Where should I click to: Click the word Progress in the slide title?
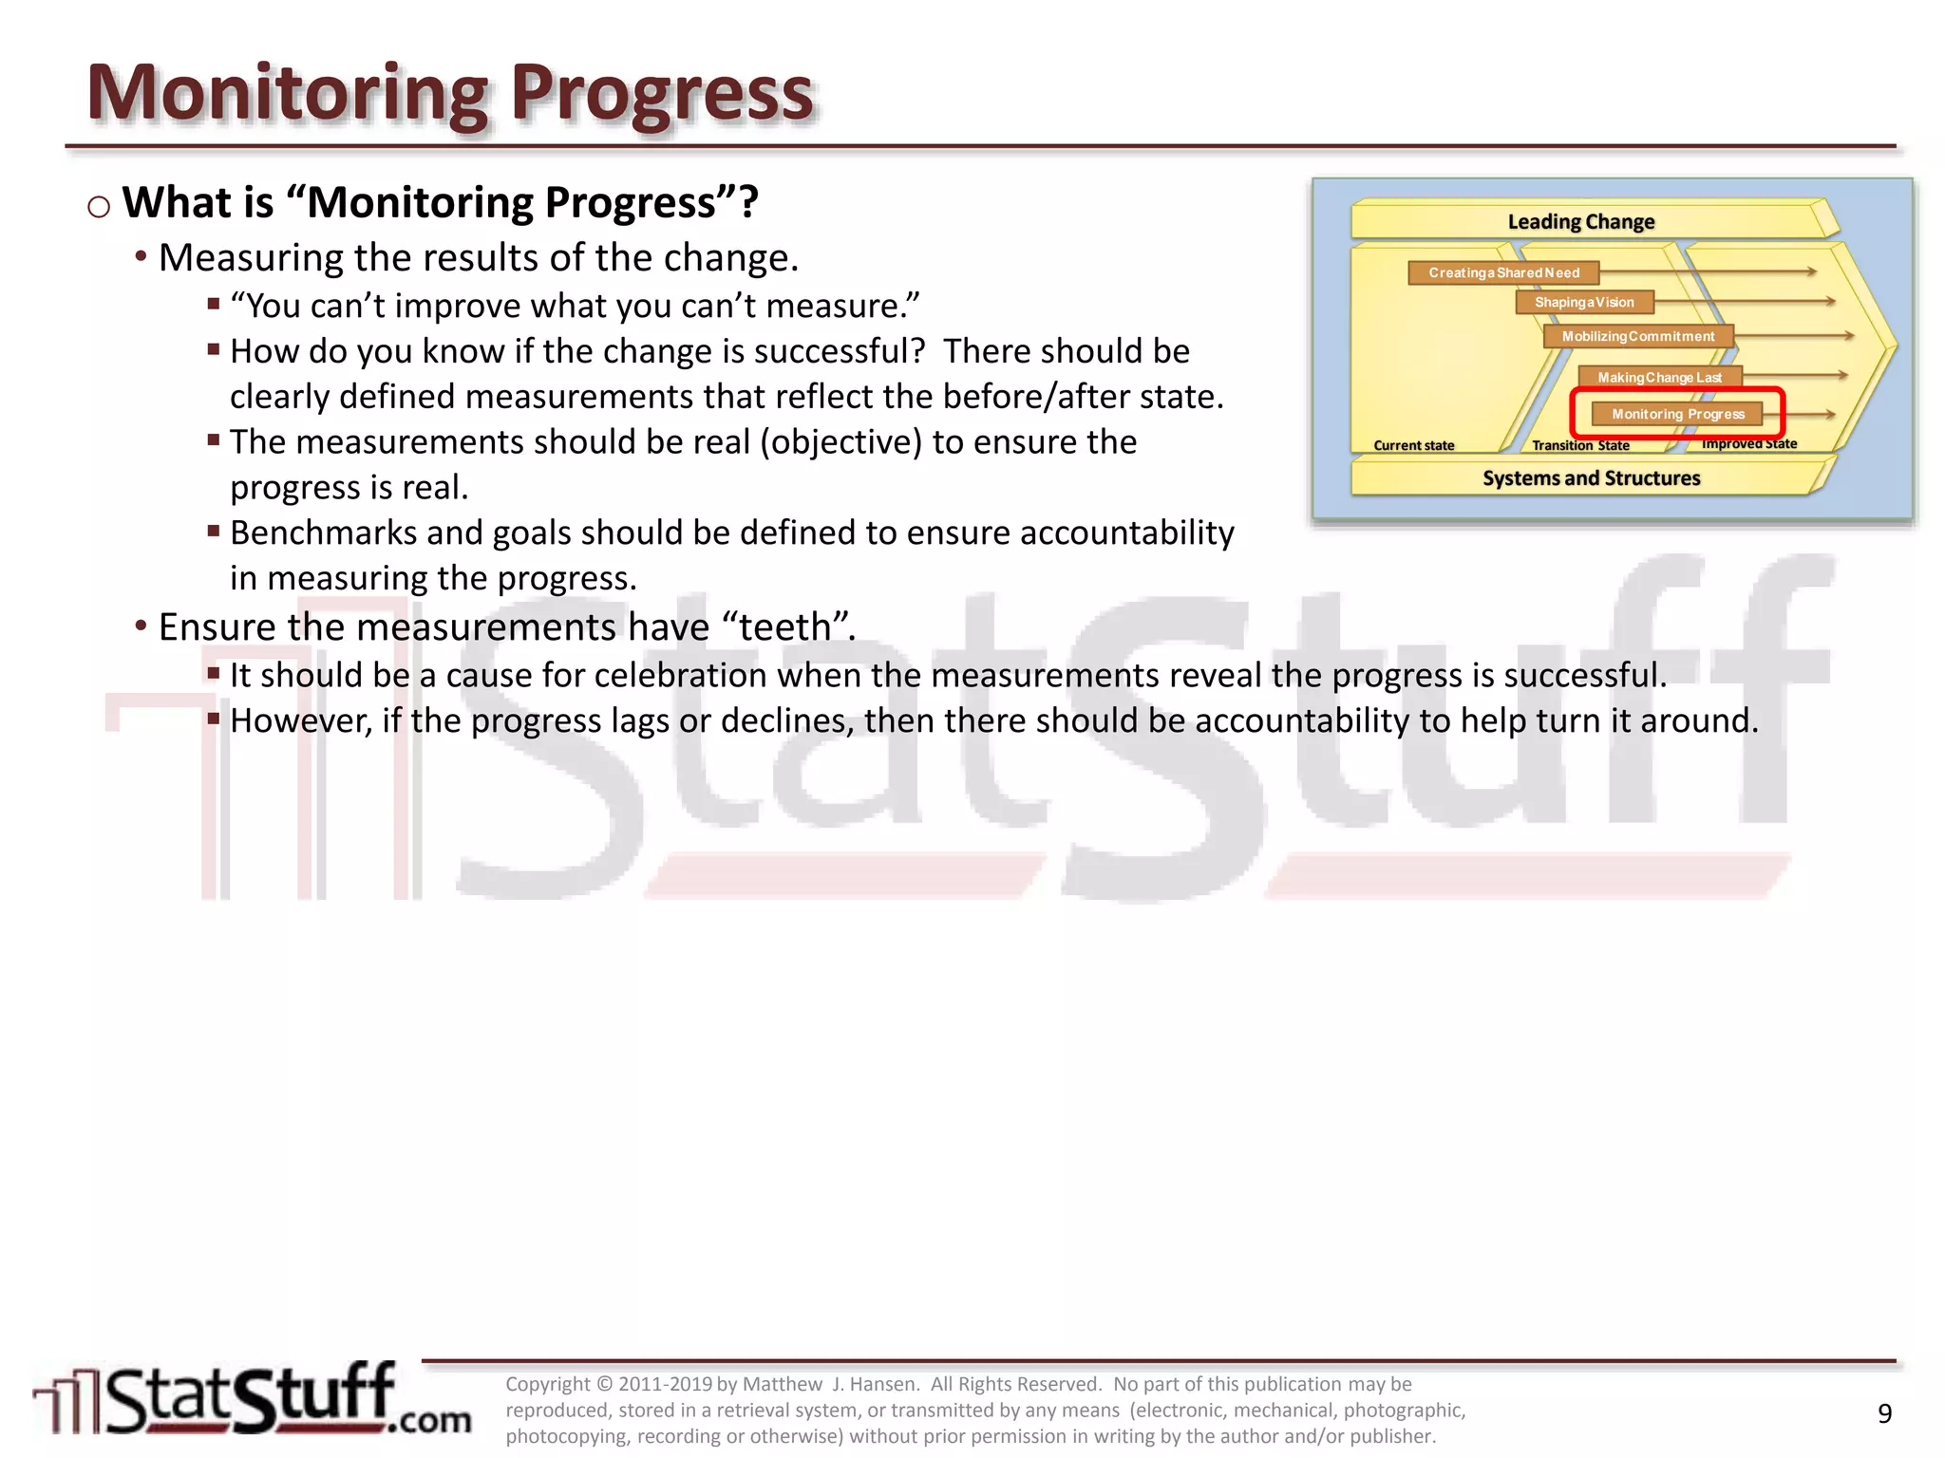click(662, 95)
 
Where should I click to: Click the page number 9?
click(1884, 1413)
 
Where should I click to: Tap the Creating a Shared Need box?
click(1503, 273)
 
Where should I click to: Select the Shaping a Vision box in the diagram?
click(1584, 303)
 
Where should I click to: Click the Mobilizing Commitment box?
click(1638, 337)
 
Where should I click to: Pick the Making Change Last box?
click(1659, 378)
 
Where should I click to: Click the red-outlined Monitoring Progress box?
click(1678, 414)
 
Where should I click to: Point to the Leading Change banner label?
click(1580, 222)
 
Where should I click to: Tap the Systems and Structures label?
click(1591, 478)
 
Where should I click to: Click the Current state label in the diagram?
click(1413, 445)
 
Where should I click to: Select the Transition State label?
click(1580, 445)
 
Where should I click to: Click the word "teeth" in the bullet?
click(785, 627)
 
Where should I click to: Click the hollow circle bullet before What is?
click(99, 206)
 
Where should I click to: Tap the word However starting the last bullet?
click(300, 721)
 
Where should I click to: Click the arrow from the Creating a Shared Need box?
click(1709, 272)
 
